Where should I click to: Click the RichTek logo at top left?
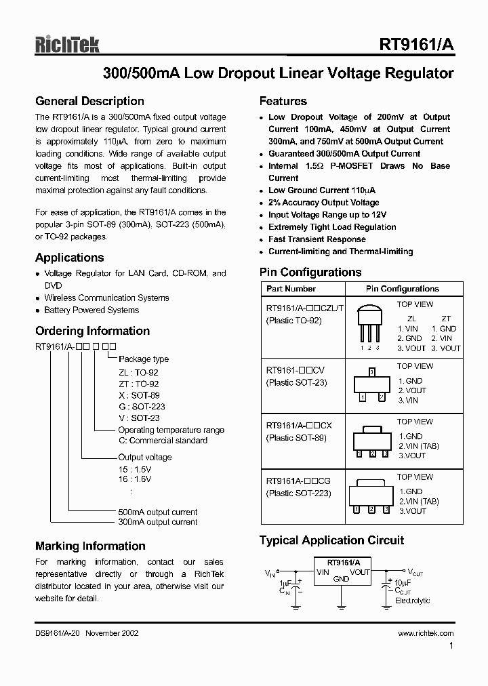(67, 45)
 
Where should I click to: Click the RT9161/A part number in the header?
(416, 45)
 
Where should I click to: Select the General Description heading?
(89, 102)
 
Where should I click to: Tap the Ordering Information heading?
(92, 331)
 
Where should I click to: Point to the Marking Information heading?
(90, 546)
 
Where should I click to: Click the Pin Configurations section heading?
(310, 273)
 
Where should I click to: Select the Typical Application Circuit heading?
(331, 540)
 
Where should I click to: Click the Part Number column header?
(291, 289)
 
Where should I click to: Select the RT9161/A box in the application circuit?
(343, 571)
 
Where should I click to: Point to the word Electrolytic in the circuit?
(412, 601)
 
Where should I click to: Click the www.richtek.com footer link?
(426, 633)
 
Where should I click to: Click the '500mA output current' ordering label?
(158, 512)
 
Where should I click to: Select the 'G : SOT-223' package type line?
(142, 407)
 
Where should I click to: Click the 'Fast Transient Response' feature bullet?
(317, 239)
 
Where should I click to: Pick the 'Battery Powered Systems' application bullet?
(91, 310)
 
